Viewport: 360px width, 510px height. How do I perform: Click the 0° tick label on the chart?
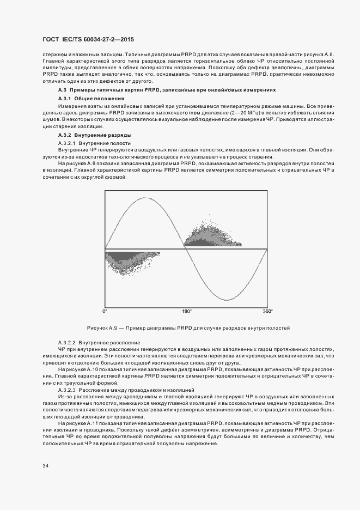coord(105,311)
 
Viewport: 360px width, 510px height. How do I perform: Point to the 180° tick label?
coord(186,311)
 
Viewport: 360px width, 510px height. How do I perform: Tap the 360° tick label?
coord(267,311)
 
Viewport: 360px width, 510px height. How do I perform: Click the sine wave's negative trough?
coord(227,299)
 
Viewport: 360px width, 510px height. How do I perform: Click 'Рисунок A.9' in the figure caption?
coord(102,328)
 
